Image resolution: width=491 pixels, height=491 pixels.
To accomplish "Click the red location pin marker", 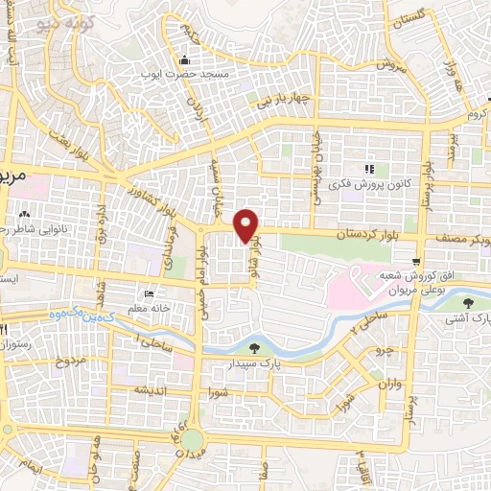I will pyautogui.click(x=247, y=225).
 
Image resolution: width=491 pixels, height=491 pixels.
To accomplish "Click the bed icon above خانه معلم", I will pyautogui.click(x=148, y=293).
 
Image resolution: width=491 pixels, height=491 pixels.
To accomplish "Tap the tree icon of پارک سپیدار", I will pyautogui.click(x=255, y=349).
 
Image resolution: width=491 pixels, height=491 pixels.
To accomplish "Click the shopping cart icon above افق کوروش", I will pyautogui.click(x=414, y=262).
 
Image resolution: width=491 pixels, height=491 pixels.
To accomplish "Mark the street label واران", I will pyautogui.click(x=387, y=386).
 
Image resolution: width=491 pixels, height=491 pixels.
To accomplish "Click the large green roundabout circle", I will pyautogui.click(x=194, y=440).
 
